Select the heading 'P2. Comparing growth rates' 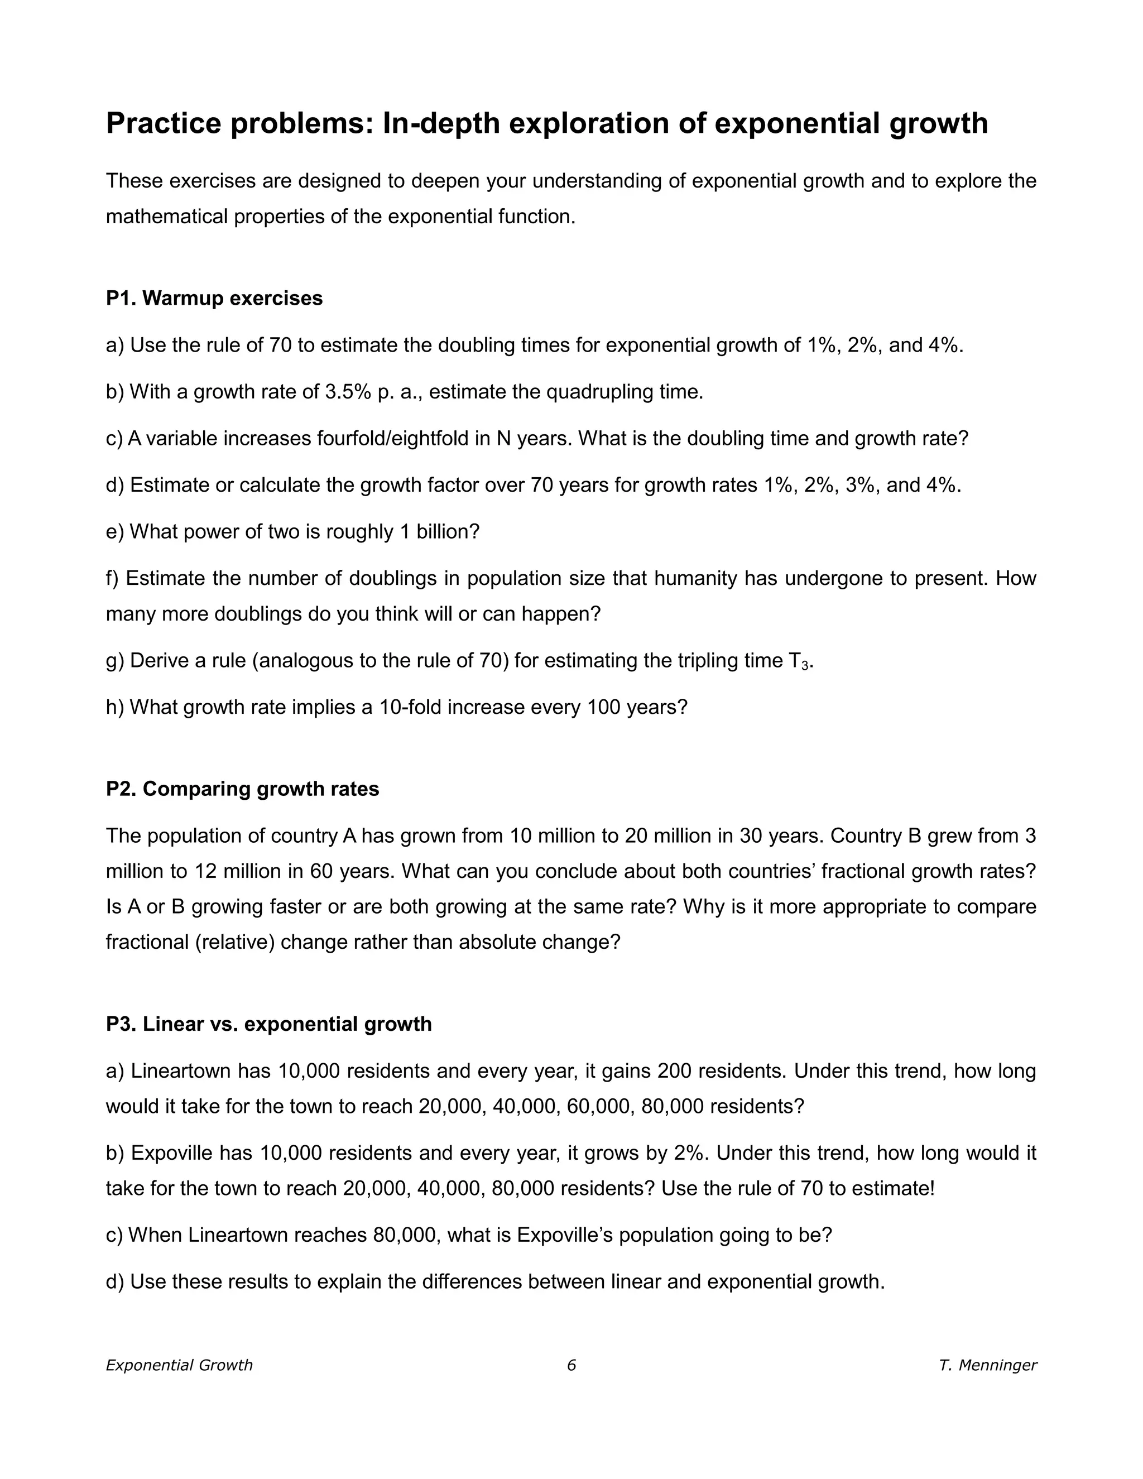[x=242, y=789]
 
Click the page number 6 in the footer [x=571, y=1365]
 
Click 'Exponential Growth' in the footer [x=180, y=1365]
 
